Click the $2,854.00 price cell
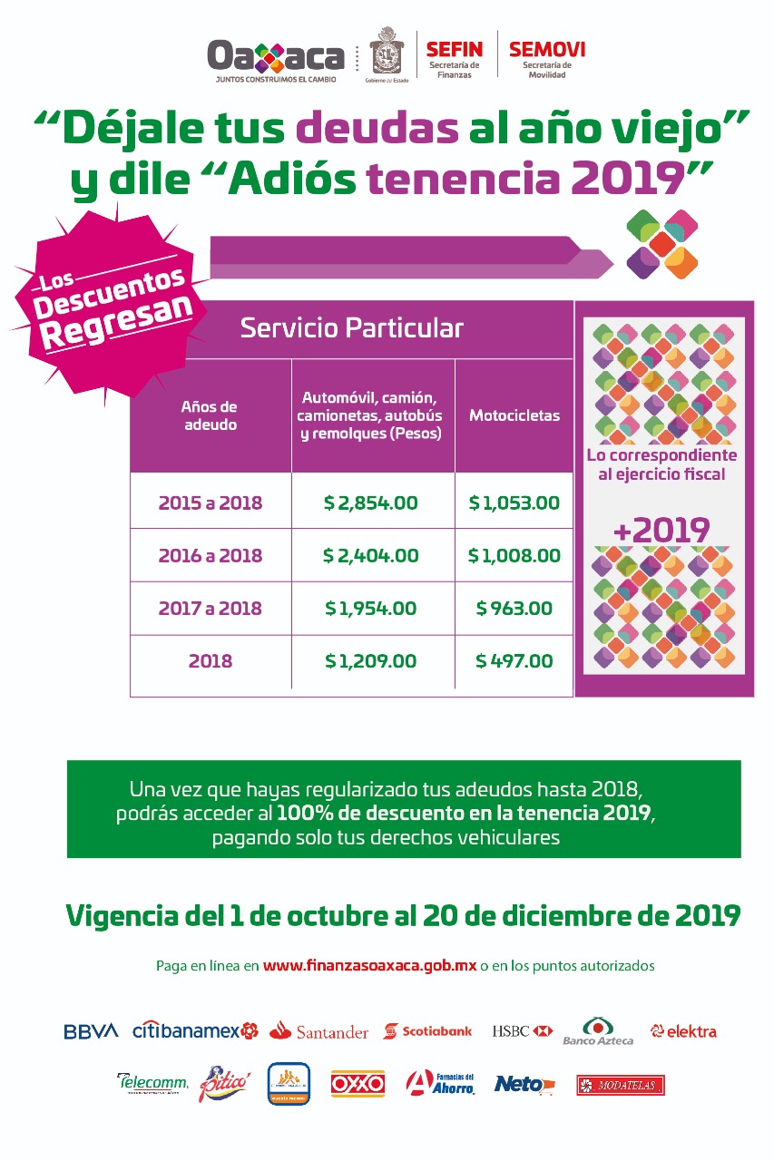click(x=371, y=502)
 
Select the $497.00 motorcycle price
click(x=514, y=661)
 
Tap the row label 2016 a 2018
click(x=211, y=555)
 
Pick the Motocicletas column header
click(x=514, y=415)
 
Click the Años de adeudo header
click(x=209, y=415)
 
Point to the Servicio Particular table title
click(x=351, y=328)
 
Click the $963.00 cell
click(x=514, y=609)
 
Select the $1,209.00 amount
click(x=371, y=661)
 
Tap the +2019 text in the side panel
click(x=661, y=531)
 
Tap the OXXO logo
click(x=358, y=1083)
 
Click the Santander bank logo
click(x=318, y=1031)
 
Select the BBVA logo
click(x=91, y=1031)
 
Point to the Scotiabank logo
click(x=427, y=1031)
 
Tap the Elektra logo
click(x=683, y=1031)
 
